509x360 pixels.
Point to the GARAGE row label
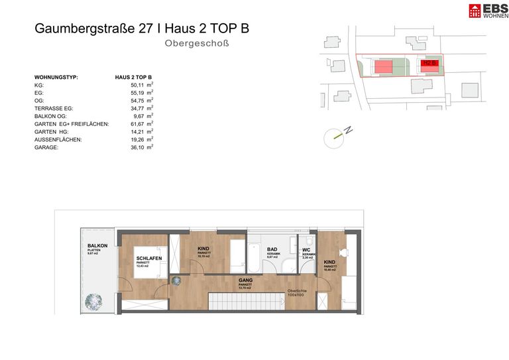point(46,147)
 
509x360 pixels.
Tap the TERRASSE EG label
point(54,108)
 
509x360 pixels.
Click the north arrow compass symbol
point(335,137)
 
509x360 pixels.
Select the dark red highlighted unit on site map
point(430,64)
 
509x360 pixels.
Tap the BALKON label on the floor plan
point(97,246)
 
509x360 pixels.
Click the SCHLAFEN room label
point(149,258)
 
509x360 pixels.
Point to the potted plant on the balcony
point(93,302)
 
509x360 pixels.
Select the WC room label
point(307,250)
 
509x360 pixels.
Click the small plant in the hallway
point(176,281)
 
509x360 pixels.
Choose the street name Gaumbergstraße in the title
point(80,29)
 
